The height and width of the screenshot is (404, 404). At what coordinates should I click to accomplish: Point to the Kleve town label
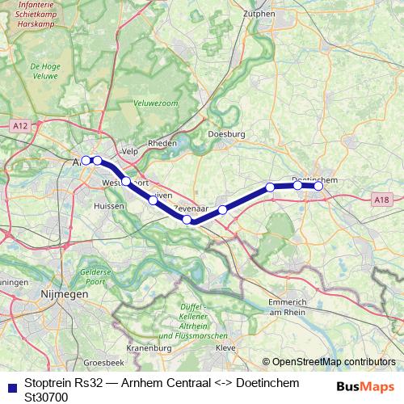coord(225,348)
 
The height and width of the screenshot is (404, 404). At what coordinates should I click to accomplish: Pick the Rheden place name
coord(163,143)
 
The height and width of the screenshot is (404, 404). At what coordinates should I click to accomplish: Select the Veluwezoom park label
coord(155,103)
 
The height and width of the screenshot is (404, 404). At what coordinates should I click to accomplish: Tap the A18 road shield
coord(383,199)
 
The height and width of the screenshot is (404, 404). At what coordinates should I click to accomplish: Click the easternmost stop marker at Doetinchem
coord(318,186)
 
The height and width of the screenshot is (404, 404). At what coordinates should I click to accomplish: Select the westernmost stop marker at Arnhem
coord(86,160)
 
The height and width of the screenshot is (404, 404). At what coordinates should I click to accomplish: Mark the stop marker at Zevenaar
coord(187,220)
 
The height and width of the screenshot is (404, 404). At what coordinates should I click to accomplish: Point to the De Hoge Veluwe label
coord(46,71)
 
